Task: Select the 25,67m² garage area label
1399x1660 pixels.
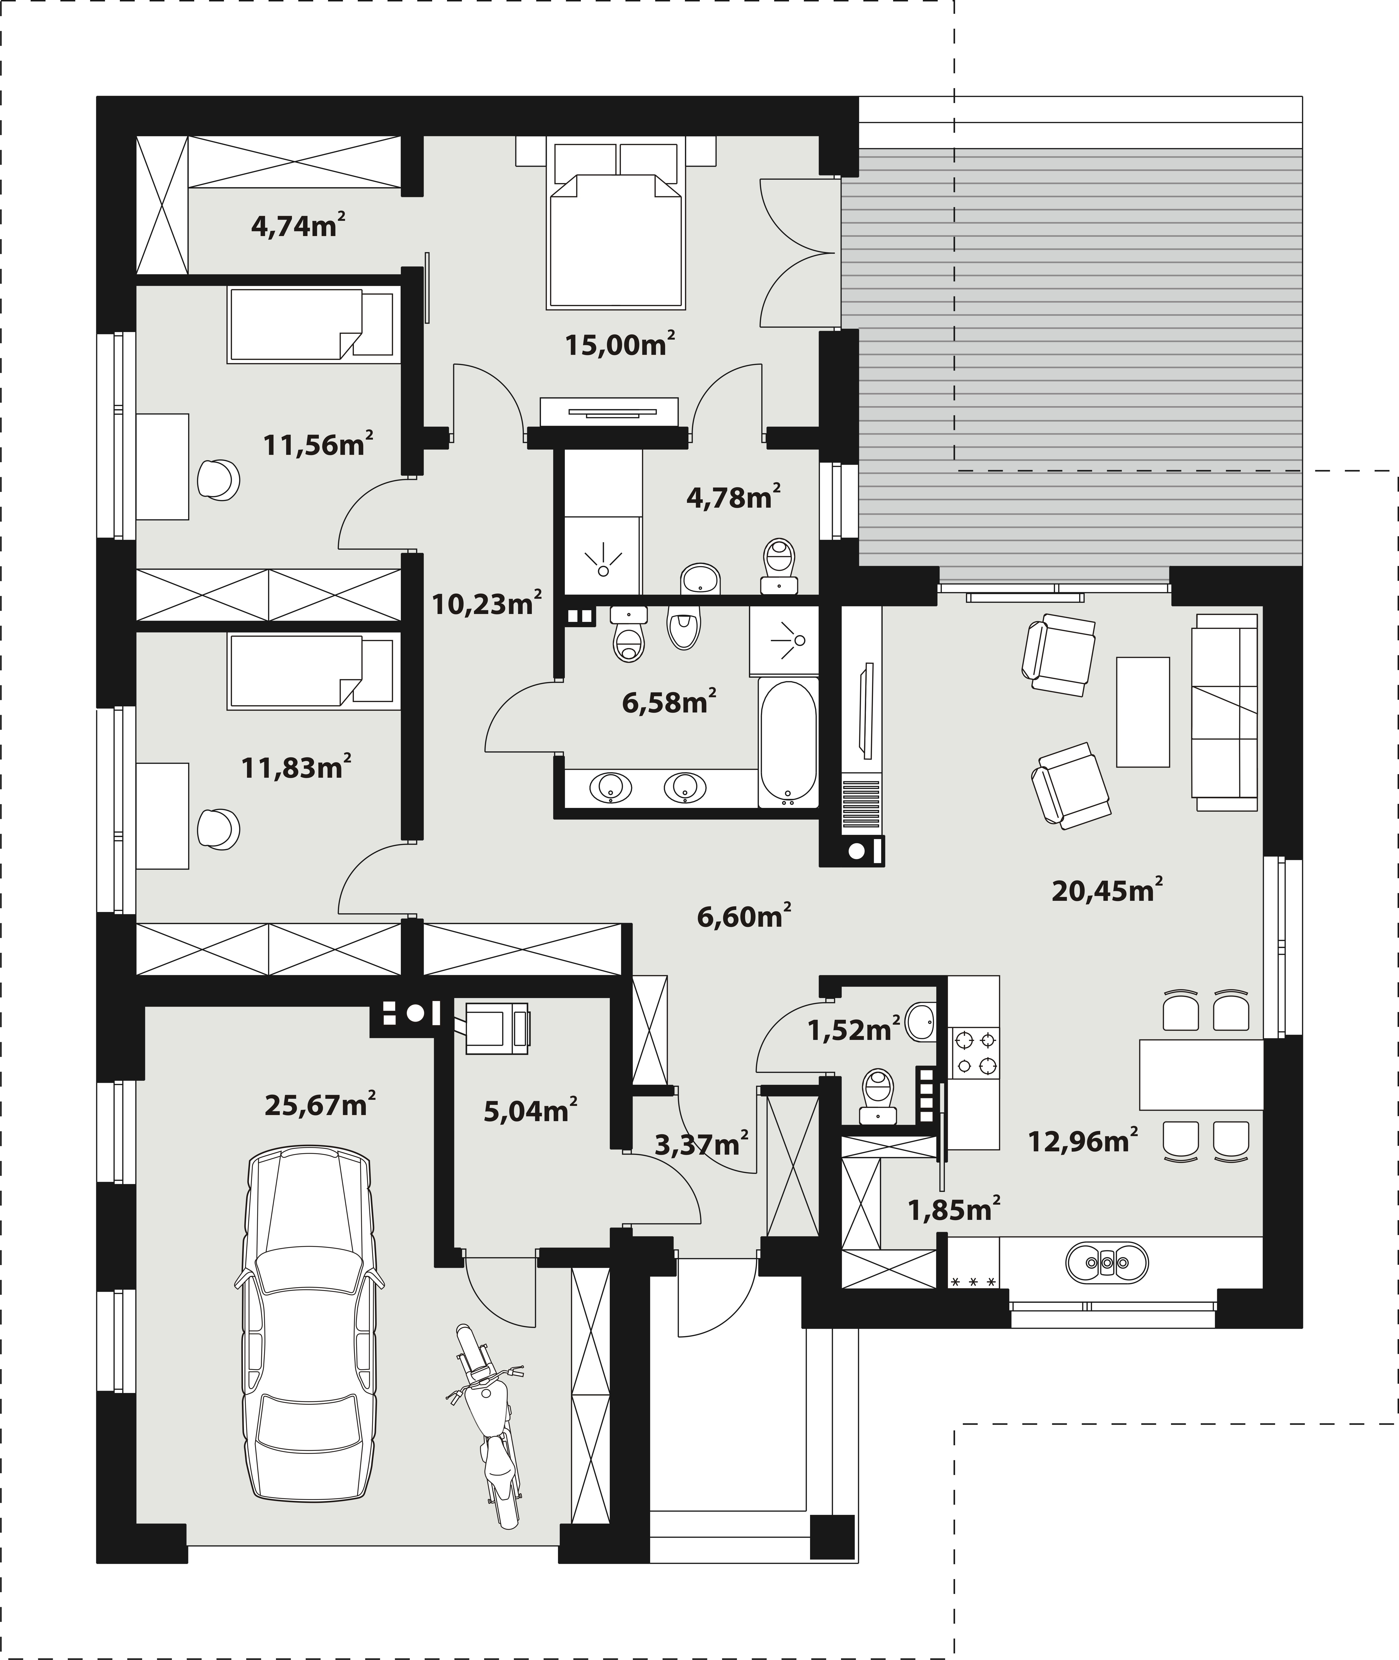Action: (x=320, y=1104)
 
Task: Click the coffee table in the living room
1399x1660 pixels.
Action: (x=1143, y=711)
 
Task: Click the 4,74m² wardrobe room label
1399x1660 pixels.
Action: (x=298, y=226)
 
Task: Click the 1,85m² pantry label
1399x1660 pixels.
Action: (x=954, y=1209)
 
